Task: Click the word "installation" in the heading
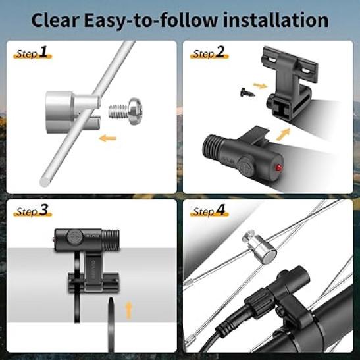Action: tap(276, 20)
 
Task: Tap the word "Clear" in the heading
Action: tap(55, 20)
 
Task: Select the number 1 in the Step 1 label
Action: tap(43, 51)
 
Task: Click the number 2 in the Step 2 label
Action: tap(220, 51)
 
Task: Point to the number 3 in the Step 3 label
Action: tap(43, 209)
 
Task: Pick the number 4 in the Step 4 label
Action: tap(220, 209)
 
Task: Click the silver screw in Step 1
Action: tap(125, 111)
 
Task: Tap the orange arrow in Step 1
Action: tap(107, 138)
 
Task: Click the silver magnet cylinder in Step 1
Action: tap(72, 113)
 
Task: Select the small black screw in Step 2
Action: tap(247, 93)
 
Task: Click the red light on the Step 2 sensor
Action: tap(278, 167)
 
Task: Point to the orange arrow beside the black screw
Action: tap(260, 86)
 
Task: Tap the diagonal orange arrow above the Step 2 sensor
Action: tap(283, 134)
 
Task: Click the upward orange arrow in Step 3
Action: tap(129, 311)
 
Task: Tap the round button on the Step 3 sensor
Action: tap(75, 236)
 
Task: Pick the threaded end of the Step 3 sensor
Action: tap(111, 240)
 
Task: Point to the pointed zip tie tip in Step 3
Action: tap(111, 299)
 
